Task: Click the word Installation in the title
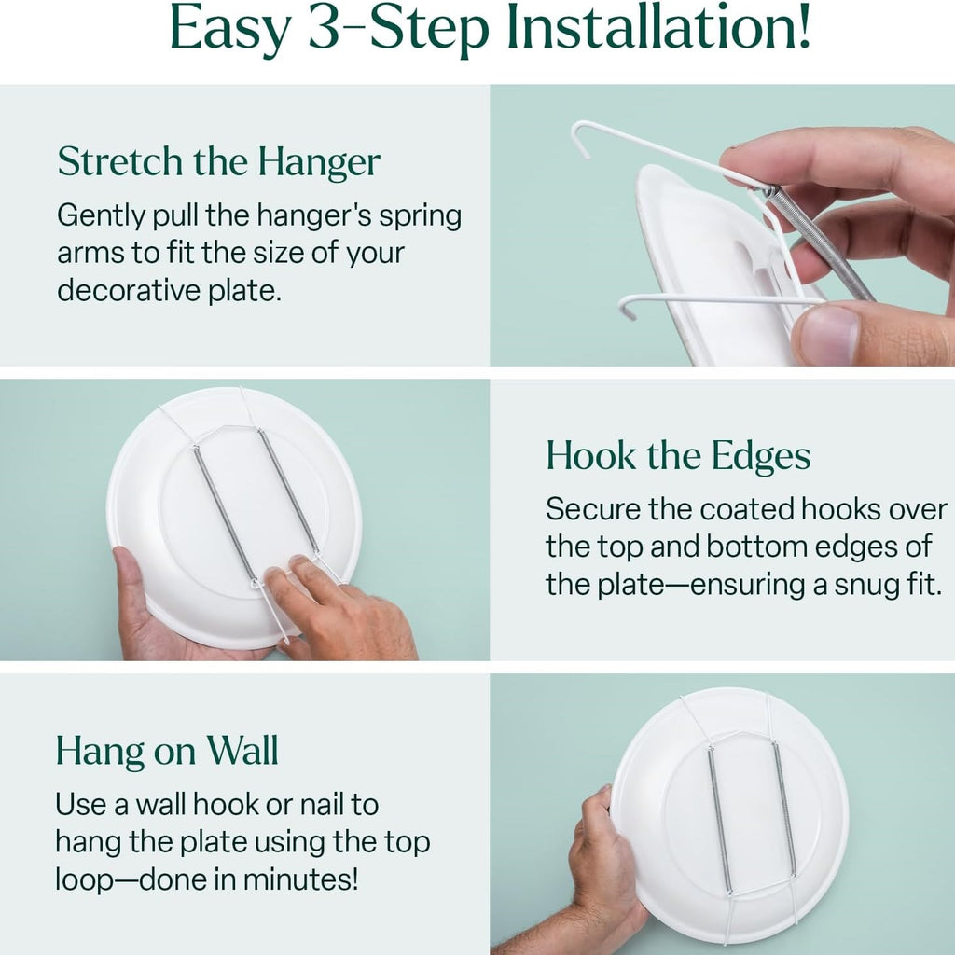point(659,27)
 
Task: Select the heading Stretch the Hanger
point(218,163)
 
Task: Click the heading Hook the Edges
point(678,457)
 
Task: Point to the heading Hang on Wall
point(167,751)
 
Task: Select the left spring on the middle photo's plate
point(225,515)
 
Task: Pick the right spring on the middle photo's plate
point(287,491)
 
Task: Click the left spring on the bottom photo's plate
point(719,820)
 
